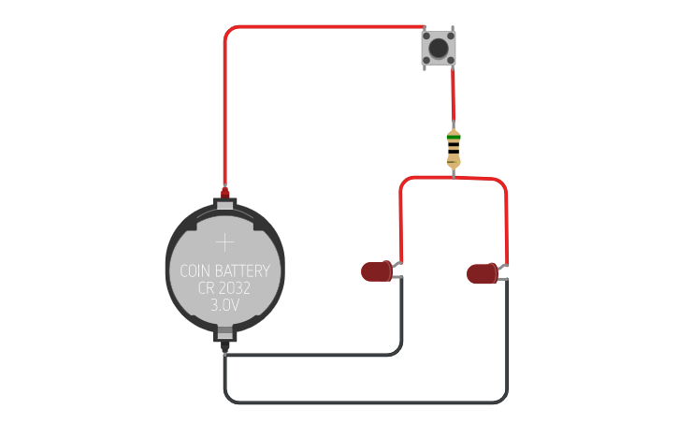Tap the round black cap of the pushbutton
click(438, 47)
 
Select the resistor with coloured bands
click(454, 148)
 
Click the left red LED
click(377, 271)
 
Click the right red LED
click(483, 273)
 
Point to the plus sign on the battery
click(225, 242)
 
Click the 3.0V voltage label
click(225, 305)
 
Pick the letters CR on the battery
click(207, 288)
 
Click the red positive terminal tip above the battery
click(225, 192)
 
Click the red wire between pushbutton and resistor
click(454, 98)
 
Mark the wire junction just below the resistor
click(454, 177)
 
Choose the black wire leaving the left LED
click(401, 318)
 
